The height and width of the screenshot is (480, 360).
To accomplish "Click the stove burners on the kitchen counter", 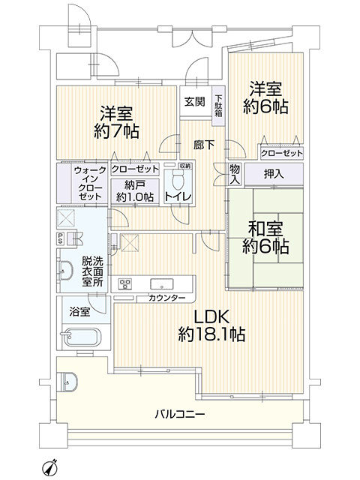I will click(125, 284).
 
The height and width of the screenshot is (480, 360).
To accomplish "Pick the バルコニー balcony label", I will click(180, 413).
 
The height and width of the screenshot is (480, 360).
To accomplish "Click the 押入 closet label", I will click(273, 174).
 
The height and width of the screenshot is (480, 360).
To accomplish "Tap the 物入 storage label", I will click(235, 175).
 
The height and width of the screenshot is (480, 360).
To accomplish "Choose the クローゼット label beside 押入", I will click(281, 153).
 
